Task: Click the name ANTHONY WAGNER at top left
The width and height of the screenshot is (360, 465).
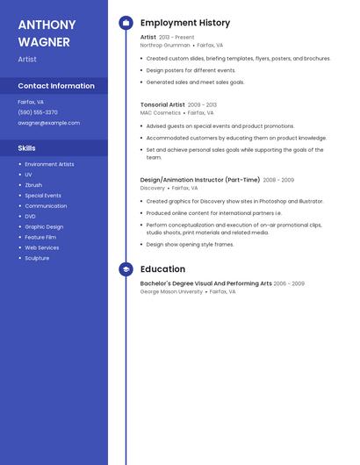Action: point(47,32)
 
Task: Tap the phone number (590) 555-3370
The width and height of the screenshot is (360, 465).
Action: point(38,112)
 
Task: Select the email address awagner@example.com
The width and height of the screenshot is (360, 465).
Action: point(48,123)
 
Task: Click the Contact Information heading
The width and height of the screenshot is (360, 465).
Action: point(56,86)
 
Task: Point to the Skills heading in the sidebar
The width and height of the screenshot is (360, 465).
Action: point(26,148)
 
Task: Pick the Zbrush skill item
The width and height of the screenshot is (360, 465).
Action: point(33,185)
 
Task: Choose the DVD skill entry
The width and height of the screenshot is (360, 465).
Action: point(30,216)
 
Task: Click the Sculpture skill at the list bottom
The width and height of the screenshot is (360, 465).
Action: point(37,258)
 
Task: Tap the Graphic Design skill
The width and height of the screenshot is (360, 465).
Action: point(44,226)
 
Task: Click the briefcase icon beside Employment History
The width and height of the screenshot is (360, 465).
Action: point(126,23)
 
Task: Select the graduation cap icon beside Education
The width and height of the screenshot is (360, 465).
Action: point(126,269)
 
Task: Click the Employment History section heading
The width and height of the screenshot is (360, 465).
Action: point(185,23)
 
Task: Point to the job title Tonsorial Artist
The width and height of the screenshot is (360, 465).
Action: point(162,104)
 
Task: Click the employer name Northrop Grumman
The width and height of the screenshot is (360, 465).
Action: point(165,45)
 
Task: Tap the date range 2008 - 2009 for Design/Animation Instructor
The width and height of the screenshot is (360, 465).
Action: point(278,180)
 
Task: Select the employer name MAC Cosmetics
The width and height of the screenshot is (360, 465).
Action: point(161,112)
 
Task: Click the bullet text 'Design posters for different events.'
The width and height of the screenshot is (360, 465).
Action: point(191,70)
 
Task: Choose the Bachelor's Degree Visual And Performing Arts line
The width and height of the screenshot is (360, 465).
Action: point(205,283)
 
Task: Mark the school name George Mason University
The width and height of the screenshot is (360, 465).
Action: point(171,291)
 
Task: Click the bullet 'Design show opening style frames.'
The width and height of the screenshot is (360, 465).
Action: point(190,245)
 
